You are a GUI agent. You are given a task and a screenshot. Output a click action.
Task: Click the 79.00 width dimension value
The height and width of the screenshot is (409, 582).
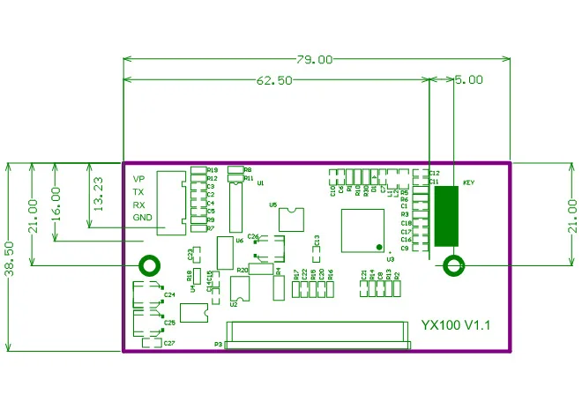click(315, 60)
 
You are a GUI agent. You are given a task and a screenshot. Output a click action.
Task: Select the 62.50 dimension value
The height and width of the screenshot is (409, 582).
click(274, 80)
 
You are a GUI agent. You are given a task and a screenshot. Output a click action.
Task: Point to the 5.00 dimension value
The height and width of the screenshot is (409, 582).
click(468, 79)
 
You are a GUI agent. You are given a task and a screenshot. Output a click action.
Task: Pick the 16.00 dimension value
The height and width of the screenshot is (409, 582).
click(56, 202)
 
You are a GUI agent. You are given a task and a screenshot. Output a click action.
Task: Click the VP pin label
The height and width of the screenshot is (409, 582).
click(138, 179)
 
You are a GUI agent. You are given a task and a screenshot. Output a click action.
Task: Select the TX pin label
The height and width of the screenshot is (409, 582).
click(138, 191)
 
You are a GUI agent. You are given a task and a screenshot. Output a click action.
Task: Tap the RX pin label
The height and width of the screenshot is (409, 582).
click(138, 204)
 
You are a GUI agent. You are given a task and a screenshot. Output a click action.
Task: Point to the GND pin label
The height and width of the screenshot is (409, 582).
click(142, 217)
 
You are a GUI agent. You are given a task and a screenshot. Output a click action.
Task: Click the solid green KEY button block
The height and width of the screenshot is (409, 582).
click(447, 216)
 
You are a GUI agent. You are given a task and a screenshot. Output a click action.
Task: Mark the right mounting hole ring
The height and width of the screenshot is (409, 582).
click(454, 264)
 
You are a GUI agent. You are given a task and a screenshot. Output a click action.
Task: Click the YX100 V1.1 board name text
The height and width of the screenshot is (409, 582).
click(455, 325)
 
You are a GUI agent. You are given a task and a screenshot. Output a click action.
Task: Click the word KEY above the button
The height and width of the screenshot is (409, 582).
click(469, 182)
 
